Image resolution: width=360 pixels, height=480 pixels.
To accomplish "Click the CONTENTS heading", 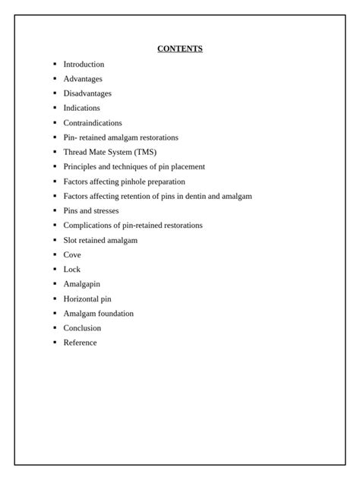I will [x=180, y=49].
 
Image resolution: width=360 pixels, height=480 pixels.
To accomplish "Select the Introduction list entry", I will [x=84, y=65].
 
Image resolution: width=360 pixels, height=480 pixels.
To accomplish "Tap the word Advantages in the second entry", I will [x=83, y=79].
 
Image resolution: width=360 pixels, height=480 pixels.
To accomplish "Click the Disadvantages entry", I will [x=87, y=93].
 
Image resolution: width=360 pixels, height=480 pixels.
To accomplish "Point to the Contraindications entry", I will [x=93, y=123].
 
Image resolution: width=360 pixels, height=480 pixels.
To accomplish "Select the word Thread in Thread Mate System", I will [x=75, y=152].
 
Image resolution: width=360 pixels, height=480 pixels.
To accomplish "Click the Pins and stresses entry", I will [x=91, y=210].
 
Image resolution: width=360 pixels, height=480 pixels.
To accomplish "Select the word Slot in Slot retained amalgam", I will [x=71, y=240].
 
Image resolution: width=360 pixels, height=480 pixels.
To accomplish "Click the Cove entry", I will [x=72, y=255].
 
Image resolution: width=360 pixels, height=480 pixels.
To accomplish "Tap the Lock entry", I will [x=72, y=270].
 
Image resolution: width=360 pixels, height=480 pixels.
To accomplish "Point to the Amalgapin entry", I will [x=81, y=284].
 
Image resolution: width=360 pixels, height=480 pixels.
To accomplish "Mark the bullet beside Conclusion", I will [x=55, y=328].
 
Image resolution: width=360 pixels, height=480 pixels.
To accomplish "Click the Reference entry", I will [x=80, y=343].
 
